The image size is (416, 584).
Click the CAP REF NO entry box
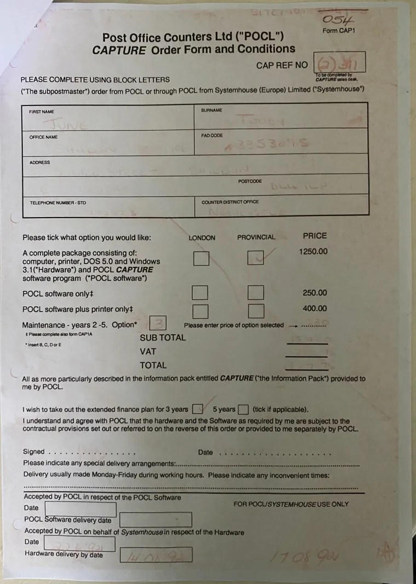pos(339,64)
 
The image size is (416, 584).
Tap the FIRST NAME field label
pos(42,112)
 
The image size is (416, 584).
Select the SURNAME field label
pos(211,110)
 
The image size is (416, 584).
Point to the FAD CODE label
pos(212,135)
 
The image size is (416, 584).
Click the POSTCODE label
pos(250,181)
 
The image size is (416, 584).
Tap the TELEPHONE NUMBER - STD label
pos(57,203)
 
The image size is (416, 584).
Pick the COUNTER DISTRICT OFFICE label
pos(230,202)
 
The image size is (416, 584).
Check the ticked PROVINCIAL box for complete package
pos(256,258)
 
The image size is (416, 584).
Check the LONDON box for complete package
pos(201,258)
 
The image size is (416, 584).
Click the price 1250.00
pos(313,252)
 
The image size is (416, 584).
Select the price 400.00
pos(314,308)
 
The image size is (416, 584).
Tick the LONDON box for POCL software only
pos(200,293)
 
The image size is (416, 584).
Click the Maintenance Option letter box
pos(158,324)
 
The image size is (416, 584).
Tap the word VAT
pos(148,352)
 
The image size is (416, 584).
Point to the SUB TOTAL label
pos(163,337)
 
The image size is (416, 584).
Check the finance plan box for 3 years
pos(198,409)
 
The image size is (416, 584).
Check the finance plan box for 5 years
pos(244,409)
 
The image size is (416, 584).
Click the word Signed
pos(33,452)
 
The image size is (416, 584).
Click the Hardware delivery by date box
pos(156,554)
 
